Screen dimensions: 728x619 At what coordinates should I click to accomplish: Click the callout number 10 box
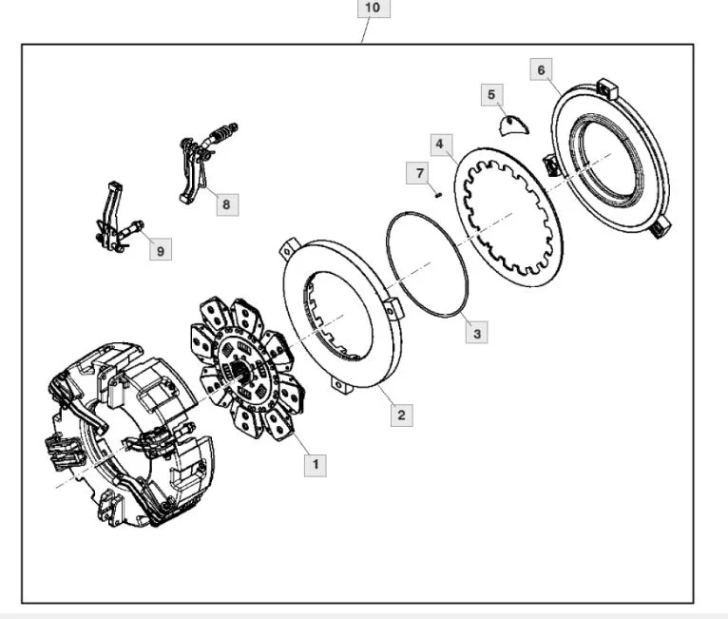coord(372,9)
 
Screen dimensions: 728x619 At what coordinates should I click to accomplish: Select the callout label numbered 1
coord(315,465)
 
